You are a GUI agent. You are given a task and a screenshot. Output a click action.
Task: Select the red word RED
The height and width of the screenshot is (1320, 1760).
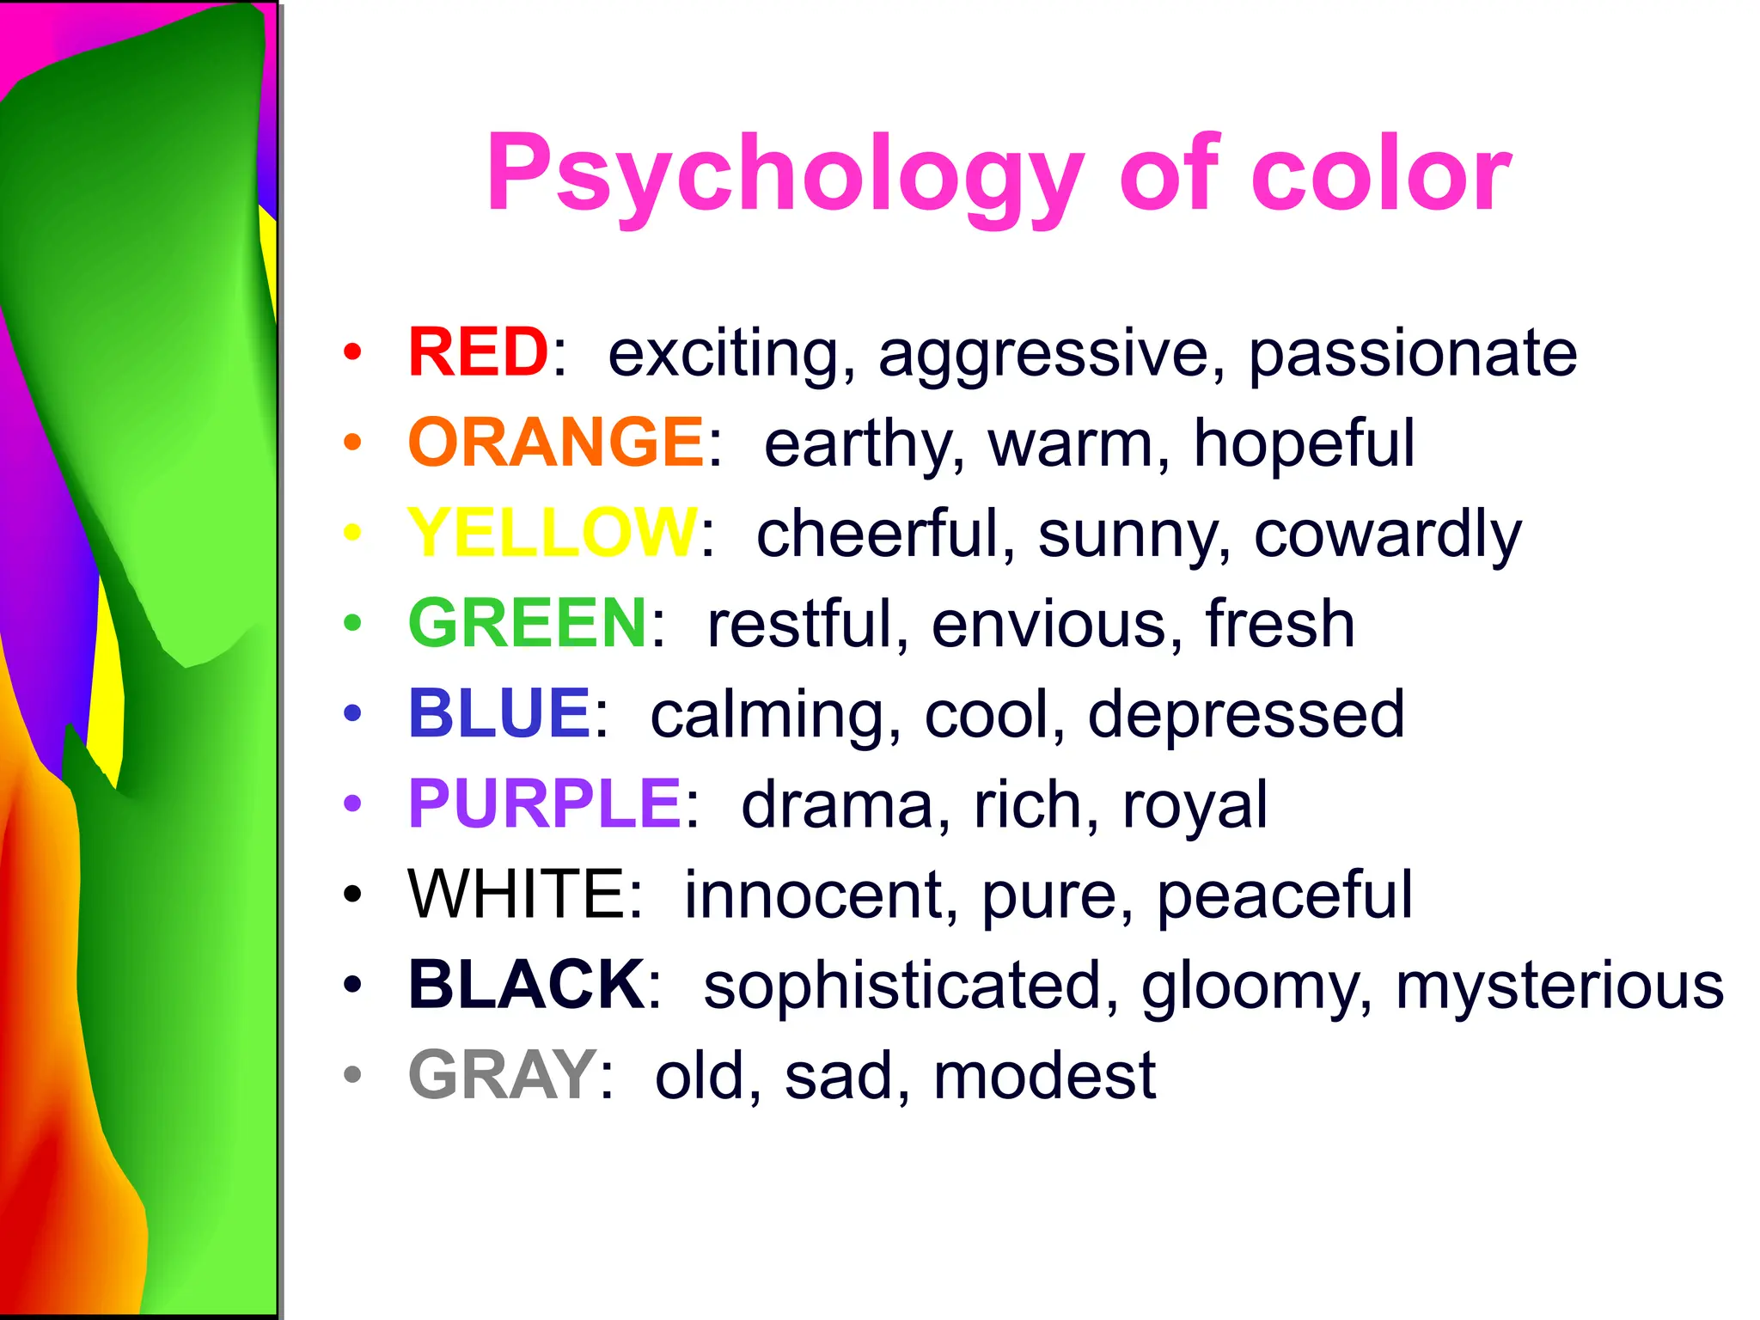point(478,352)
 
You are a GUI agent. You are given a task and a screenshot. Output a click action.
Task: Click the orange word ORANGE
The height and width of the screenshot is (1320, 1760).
point(556,443)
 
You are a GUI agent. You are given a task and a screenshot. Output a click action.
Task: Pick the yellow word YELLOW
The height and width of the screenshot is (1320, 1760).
point(553,533)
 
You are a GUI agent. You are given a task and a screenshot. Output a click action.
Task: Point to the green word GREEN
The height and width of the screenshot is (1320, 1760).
point(528,623)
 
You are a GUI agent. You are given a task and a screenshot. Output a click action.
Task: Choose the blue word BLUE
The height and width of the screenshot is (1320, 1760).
point(499,713)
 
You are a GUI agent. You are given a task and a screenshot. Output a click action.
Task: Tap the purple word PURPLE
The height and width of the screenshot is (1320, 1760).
point(545,804)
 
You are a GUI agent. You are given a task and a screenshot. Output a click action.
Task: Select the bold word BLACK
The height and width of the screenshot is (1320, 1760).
point(526,985)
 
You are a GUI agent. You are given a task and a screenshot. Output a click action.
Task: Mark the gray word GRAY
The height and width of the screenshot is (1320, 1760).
point(503,1075)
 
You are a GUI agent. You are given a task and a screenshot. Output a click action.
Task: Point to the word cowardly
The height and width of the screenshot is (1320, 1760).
point(1387,535)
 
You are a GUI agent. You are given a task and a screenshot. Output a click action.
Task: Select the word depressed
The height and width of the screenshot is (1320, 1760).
point(1246,715)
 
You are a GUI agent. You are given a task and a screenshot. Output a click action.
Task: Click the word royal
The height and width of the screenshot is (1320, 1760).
point(1195,806)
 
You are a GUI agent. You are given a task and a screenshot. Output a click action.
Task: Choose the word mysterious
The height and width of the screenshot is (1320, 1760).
point(1559,987)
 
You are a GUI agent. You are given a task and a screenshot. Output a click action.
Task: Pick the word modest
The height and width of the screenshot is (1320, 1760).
point(1044,1076)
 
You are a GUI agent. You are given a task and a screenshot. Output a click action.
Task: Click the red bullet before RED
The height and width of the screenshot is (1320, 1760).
point(352,351)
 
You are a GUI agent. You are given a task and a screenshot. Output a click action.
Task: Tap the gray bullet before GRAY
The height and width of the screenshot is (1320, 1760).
point(352,1074)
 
